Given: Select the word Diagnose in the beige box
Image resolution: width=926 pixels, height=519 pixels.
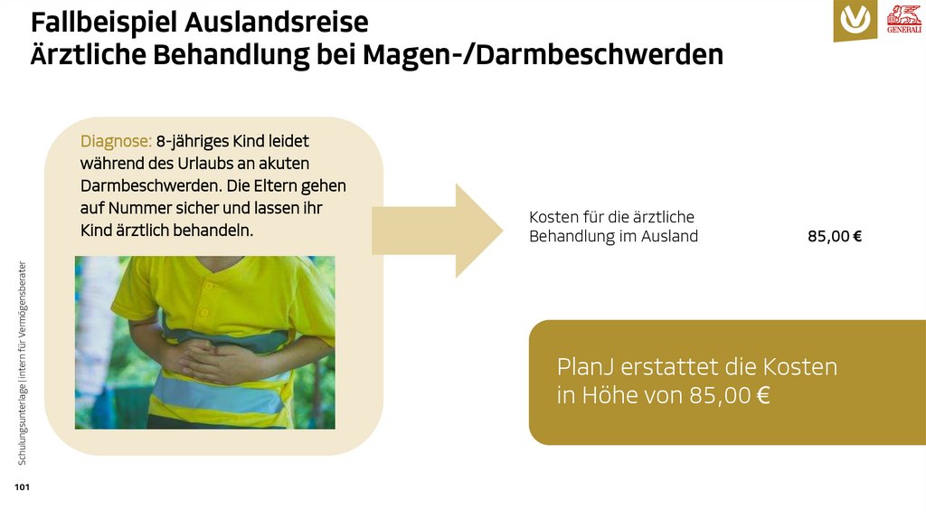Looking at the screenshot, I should click(116, 141).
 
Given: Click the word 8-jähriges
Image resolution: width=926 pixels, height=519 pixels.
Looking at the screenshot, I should click(192, 141).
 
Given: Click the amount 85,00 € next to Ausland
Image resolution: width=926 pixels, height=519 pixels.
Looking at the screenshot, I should click(834, 237).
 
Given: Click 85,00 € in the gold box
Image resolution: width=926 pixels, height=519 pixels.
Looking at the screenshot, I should click(729, 395).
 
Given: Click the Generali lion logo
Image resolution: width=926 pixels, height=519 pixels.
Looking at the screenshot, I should click(903, 19).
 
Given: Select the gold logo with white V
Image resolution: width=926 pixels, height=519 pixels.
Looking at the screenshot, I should click(855, 19).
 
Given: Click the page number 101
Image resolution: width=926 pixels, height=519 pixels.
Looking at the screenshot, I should click(22, 488).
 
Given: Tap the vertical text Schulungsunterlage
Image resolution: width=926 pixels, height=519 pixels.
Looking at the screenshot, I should click(22, 425).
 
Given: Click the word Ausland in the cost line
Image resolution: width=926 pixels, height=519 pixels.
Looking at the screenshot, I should click(670, 237).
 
